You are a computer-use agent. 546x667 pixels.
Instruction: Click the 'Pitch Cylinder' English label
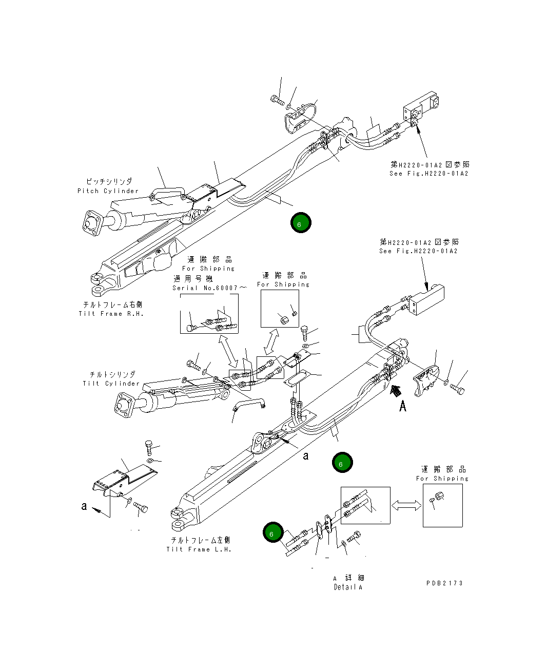coord(108,191)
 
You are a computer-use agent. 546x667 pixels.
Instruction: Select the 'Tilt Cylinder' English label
coord(111,384)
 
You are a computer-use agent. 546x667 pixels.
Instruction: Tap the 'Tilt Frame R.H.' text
coord(111,314)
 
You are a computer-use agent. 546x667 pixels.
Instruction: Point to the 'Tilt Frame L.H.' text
coord(199,549)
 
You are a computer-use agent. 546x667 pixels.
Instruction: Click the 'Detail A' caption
coord(348,587)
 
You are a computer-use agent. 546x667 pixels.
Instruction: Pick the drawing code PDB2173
coord(444,583)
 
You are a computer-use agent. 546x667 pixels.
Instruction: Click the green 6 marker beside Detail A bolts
coord(272,533)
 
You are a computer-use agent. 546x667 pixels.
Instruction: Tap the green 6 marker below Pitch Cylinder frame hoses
coord(300,223)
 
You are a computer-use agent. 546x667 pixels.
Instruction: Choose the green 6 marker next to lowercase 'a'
coord(342,463)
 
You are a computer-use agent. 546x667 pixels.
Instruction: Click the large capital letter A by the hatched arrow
coord(403,406)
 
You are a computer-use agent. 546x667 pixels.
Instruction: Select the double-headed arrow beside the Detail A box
coord(406,506)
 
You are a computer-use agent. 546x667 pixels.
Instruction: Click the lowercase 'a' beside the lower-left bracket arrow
coord(84,506)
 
